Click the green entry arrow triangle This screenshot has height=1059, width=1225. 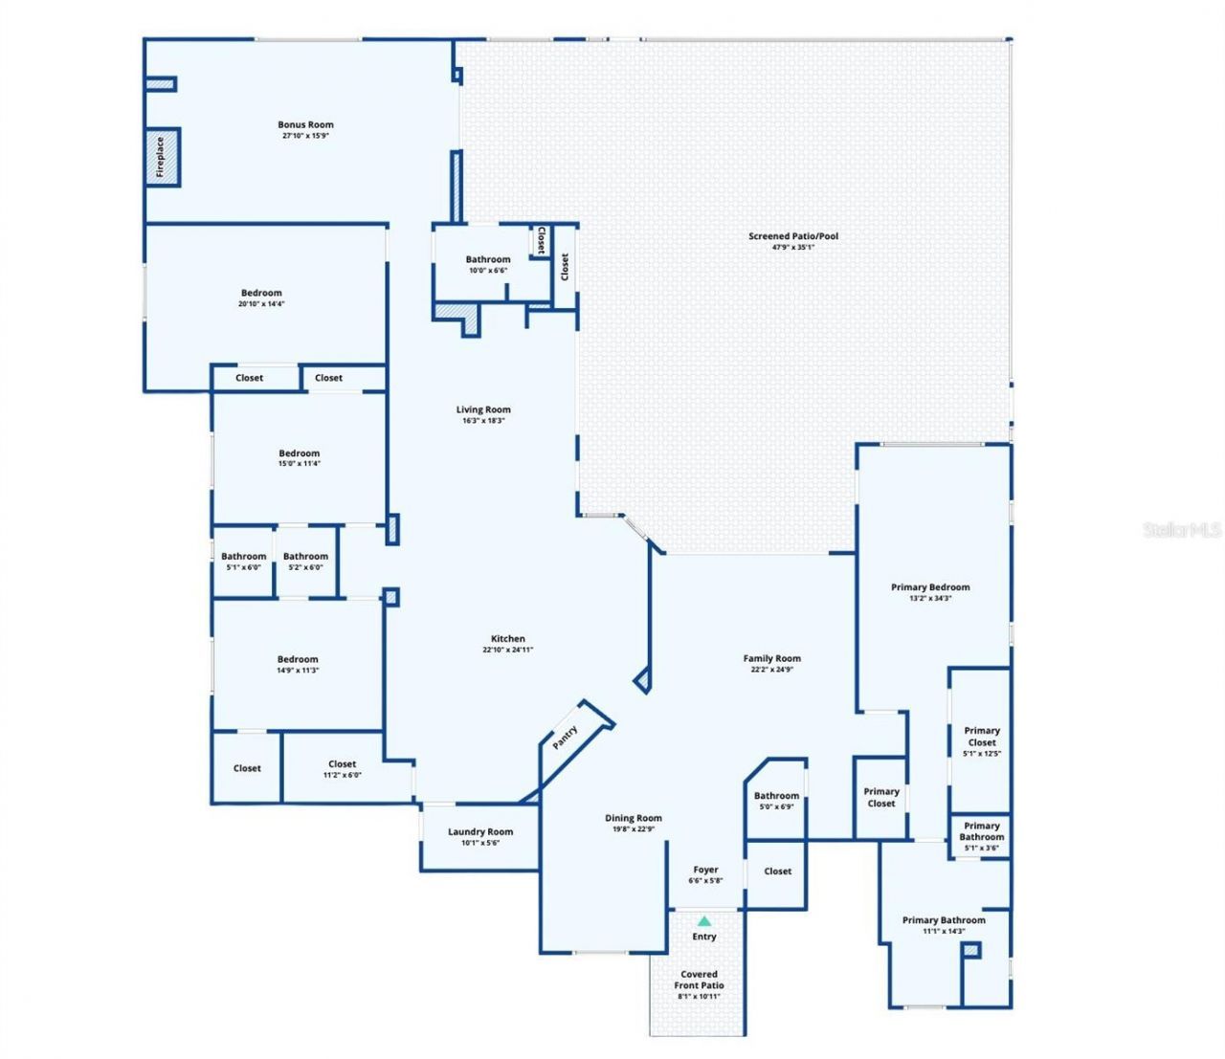704,920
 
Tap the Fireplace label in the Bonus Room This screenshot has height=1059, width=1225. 161,157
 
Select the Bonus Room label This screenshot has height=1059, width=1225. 305,124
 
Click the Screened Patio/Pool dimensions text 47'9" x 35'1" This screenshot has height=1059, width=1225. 792,247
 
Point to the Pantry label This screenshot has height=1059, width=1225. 566,737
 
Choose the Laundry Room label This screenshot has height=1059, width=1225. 480,831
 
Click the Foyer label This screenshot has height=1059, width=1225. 705,870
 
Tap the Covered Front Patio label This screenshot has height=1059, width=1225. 699,980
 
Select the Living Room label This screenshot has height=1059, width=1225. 483,409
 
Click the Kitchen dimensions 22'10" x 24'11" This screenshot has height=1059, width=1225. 507,650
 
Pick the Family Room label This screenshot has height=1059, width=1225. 771,658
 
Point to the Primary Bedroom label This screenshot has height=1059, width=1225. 930,586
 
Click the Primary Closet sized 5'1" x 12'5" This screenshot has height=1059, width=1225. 981,737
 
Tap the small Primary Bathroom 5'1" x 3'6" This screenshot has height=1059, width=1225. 981,831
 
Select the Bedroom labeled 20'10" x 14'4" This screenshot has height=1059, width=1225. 261,293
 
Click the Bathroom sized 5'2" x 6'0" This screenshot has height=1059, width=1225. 305,556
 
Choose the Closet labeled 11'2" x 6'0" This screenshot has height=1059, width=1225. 342,764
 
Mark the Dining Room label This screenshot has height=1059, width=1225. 633,818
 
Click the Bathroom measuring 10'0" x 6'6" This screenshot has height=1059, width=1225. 488,259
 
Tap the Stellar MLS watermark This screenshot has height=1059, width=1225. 1182,529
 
